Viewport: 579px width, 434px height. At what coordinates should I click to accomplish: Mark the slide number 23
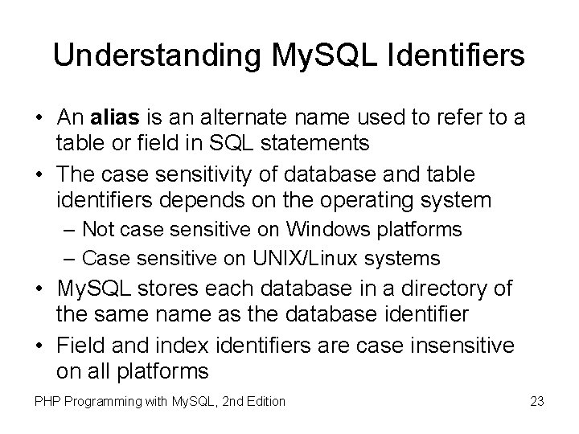pyautogui.click(x=536, y=400)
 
